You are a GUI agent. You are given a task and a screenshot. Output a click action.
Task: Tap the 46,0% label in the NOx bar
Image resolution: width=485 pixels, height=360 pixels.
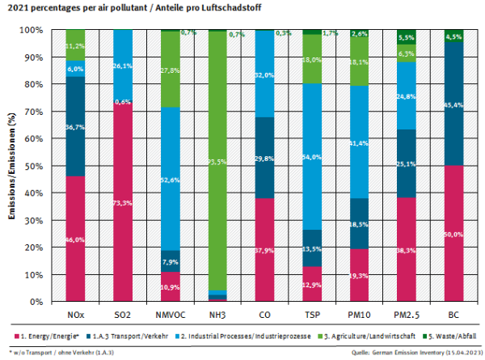pyautogui.click(x=75, y=240)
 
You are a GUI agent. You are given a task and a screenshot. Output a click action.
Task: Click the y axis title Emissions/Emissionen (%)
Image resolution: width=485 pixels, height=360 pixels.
pyautogui.click(x=11, y=166)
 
